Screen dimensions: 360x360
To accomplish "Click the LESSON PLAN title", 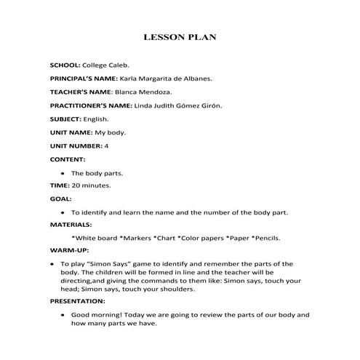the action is (180, 36).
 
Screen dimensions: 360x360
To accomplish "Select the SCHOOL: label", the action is (65, 65).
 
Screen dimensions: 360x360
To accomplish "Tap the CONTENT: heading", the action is (67, 159).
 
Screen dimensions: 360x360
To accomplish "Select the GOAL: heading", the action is (60, 199).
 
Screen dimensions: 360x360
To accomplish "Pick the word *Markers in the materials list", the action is (134, 238).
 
